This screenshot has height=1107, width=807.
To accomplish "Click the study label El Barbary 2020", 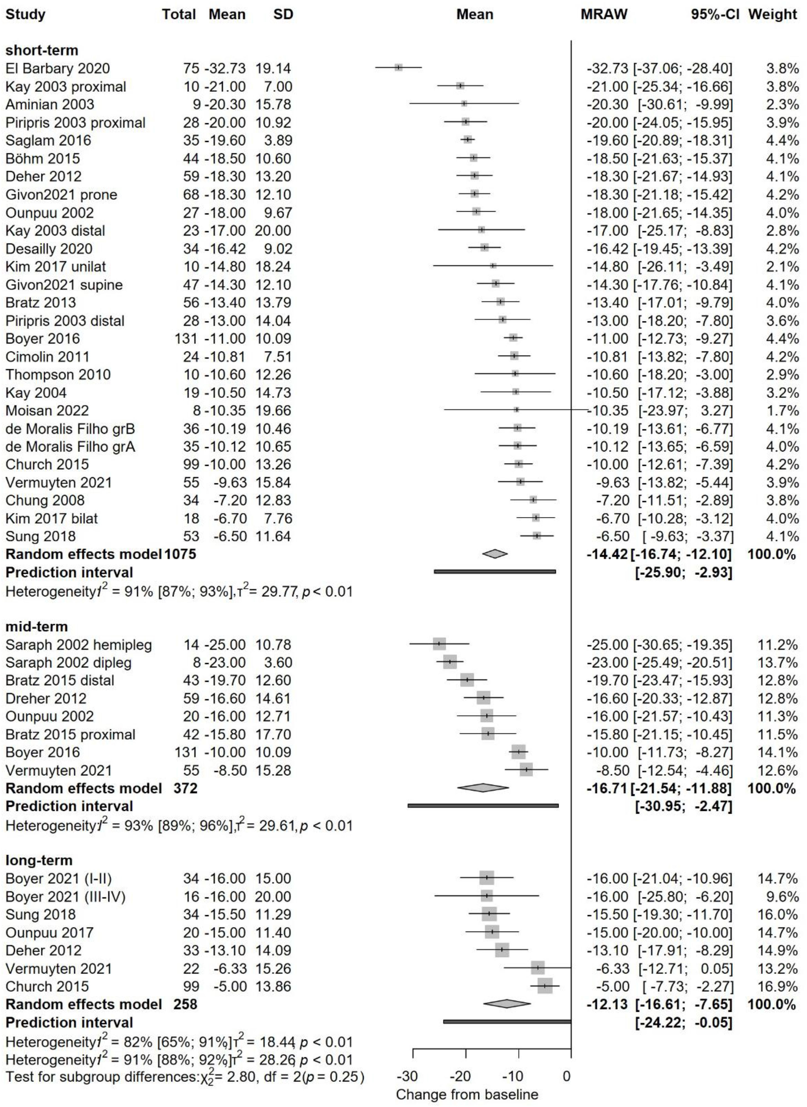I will click(58, 68).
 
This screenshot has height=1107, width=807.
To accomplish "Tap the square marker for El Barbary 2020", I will click(399, 68).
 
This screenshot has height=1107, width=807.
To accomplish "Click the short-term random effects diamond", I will click(494, 553).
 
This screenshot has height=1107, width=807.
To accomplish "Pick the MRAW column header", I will click(603, 15).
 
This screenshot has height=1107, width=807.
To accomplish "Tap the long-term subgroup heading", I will click(39, 860).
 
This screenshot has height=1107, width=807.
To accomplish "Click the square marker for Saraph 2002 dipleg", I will click(450, 662).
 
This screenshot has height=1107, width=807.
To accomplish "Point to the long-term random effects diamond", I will click(507, 1004).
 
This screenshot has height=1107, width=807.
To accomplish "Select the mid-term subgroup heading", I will click(37, 626).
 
